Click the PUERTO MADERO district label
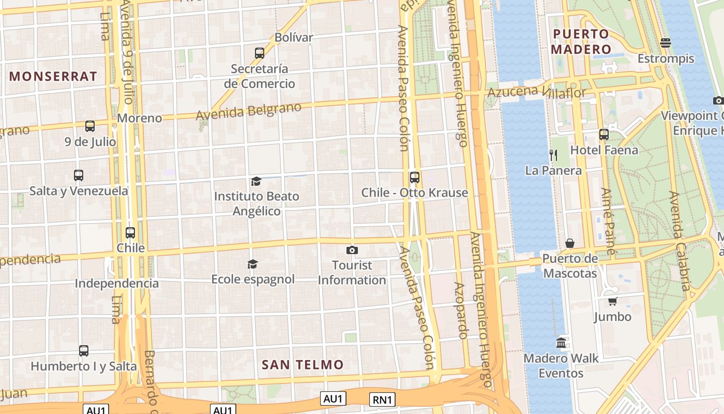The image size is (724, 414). pos(581,42)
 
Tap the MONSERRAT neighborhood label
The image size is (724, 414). pos(53,77)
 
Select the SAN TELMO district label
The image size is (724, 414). pos(303,365)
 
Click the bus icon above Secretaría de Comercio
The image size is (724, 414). pos(260,53)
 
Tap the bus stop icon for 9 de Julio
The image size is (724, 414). pos(90,126)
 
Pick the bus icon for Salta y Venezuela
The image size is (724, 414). pos(79,175)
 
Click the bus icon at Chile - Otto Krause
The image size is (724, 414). pos(415,178)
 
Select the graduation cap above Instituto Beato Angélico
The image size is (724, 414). pos(256,181)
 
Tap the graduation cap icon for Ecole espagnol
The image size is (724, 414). pos(252,264)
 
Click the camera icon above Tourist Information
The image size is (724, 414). pos(352,250)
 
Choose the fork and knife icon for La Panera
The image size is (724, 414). pos(553,154)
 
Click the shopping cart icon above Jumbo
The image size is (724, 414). pos(613,301)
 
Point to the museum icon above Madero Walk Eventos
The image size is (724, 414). pos(561,343)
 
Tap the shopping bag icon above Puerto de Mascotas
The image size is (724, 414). pos(570,243)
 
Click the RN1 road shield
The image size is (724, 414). pos(383,400)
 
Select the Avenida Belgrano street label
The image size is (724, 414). pos(249,111)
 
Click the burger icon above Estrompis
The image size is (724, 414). pos(666,42)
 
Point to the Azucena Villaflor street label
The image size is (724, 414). pos(537,92)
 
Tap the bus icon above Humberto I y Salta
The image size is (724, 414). pos(84,350)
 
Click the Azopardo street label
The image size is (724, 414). pos(460,310)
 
